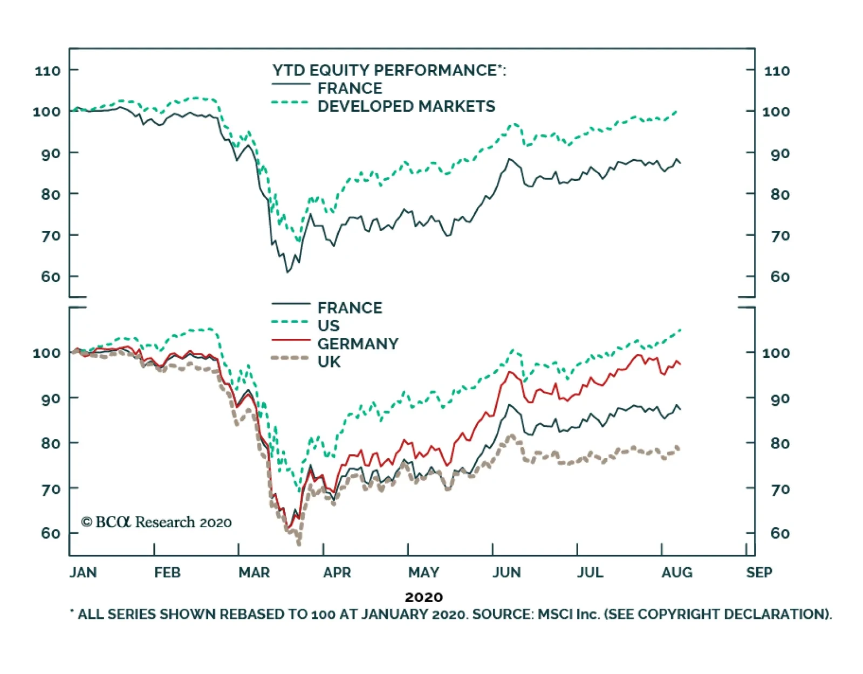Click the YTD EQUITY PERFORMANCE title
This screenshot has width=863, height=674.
click(389, 70)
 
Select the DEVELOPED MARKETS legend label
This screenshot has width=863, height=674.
click(406, 106)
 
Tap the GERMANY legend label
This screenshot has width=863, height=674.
click(358, 344)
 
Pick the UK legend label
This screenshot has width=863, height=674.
click(328, 362)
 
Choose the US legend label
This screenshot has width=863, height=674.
click(328, 326)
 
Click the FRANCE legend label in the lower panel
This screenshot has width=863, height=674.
click(350, 308)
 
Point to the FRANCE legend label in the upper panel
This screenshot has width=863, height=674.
click(350, 88)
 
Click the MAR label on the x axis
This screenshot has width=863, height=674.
click(254, 573)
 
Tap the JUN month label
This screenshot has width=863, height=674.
click(506, 573)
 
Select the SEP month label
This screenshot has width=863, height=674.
click(759, 573)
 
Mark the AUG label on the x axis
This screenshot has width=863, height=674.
click(677, 573)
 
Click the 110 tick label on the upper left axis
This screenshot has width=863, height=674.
click(47, 71)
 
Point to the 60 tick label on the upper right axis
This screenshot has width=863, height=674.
click(780, 277)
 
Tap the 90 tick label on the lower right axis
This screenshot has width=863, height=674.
click(780, 399)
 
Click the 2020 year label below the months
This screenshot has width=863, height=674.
click(423, 597)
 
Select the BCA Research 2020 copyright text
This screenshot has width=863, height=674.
click(156, 522)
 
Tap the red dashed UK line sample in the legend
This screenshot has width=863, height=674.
click(291, 358)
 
